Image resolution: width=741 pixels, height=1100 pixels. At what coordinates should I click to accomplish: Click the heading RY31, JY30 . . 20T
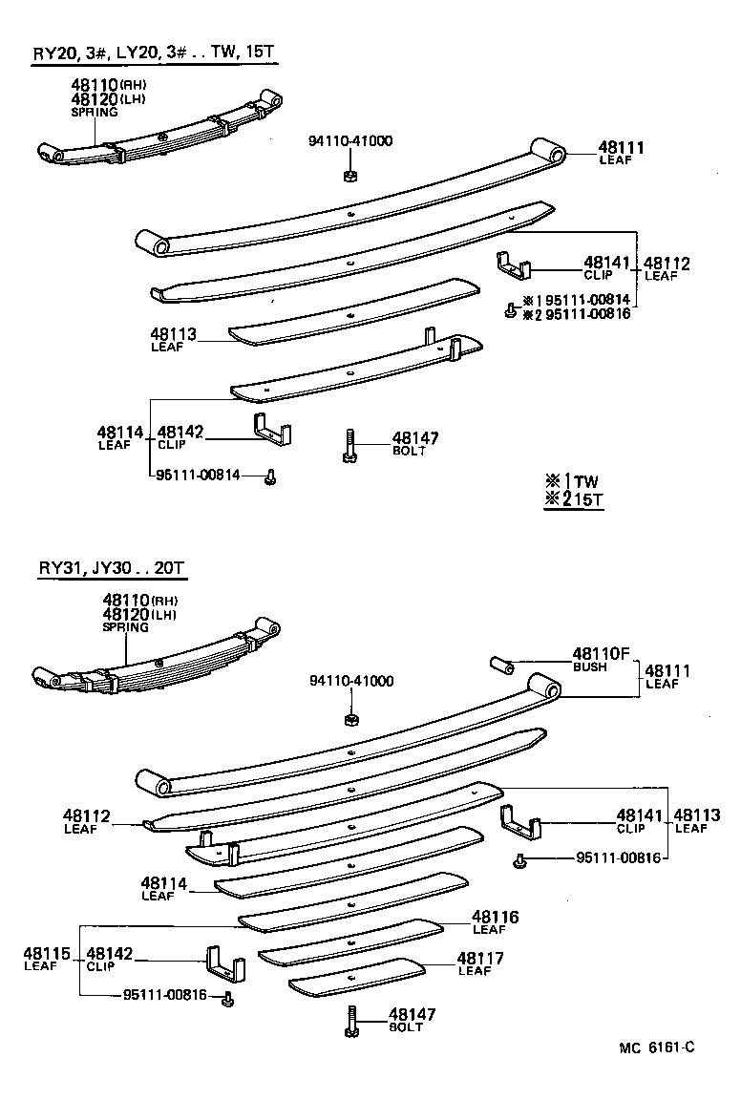coord(111,570)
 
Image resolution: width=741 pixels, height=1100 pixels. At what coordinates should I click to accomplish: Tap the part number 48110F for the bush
coord(602,654)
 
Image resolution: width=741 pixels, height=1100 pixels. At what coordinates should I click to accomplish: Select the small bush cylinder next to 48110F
coord(504,663)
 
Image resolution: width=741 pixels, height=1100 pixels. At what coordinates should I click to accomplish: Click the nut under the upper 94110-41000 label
coord(349,175)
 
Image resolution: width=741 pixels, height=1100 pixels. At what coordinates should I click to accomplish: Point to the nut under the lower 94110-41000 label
coord(350,718)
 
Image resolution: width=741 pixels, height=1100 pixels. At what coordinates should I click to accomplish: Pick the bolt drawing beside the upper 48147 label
coord(349,445)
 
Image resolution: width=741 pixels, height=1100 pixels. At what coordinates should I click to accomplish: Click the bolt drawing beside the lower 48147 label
coord(351,1022)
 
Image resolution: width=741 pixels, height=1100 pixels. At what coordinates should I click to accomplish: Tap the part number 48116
coord(495,917)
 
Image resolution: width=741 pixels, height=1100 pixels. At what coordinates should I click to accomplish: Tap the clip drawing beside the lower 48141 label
coord(521,820)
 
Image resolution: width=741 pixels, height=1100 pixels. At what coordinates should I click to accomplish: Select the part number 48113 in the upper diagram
coord(173,334)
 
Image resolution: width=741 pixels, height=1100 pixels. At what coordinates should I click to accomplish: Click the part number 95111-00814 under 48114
coord(198,475)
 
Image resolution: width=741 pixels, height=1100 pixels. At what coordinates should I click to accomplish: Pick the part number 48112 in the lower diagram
coord(87,816)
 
